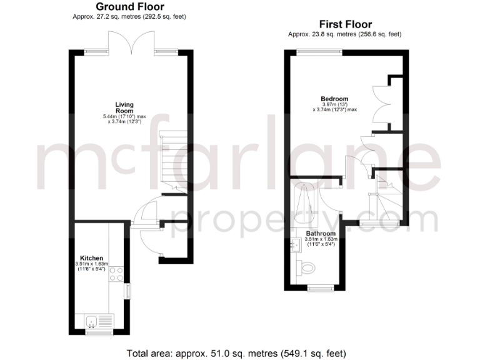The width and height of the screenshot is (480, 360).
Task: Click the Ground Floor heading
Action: pyautogui.click(x=130, y=7)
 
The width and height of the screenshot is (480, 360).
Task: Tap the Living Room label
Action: pyautogui.click(x=124, y=107)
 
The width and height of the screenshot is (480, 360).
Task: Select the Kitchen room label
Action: pyautogui.click(x=91, y=257)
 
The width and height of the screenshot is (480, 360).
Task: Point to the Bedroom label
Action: pyautogui.click(x=334, y=98)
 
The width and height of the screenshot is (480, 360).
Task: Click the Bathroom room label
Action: pyautogui.click(x=320, y=233)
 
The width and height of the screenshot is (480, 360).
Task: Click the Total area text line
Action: pyautogui.click(x=239, y=353)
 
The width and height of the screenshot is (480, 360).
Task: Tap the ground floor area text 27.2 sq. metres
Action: pyautogui.click(x=129, y=16)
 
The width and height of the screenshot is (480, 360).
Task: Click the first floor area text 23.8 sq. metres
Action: pyautogui.click(x=344, y=34)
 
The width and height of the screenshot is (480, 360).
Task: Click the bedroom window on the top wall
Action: pyautogui.click(x=313, y=53)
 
